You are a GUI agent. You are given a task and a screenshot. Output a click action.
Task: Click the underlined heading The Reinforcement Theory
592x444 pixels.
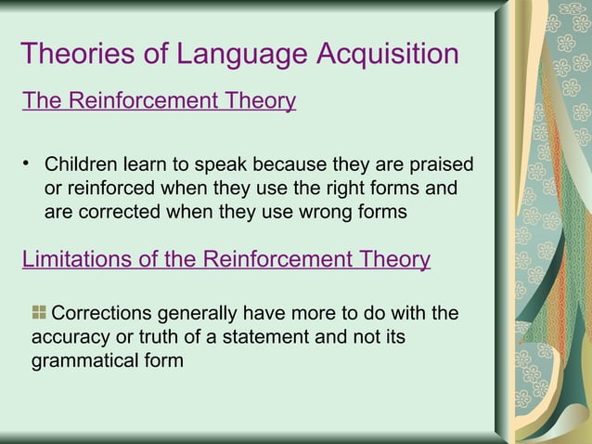point(159,101)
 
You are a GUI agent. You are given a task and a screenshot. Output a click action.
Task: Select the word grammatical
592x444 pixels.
point(84,359)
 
